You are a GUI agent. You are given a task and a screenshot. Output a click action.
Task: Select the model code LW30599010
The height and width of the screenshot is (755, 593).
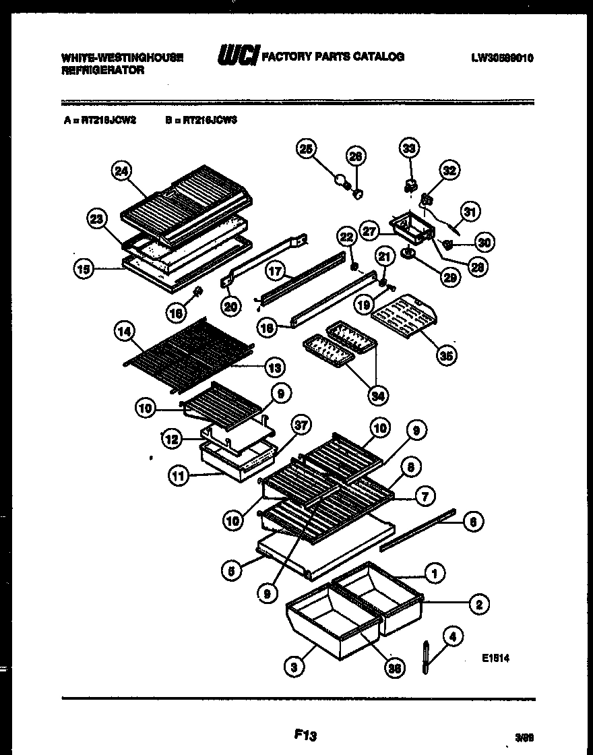pos(502,58)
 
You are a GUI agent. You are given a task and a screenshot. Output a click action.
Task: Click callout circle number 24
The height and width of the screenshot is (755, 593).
pos(121,172)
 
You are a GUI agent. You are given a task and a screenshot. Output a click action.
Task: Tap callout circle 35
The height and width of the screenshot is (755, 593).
pos(444,356)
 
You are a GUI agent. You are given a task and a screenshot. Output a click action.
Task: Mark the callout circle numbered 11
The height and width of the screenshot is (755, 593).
pos(179,477)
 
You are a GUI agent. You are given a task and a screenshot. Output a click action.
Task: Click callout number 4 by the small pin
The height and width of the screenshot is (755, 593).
pos(453,635)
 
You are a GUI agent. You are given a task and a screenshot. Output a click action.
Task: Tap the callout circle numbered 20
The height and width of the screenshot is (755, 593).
pos(231,306)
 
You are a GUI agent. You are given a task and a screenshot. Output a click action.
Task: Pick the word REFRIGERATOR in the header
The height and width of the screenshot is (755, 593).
pos(102,70)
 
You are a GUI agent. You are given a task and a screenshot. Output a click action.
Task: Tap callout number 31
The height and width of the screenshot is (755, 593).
pos(470,212)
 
